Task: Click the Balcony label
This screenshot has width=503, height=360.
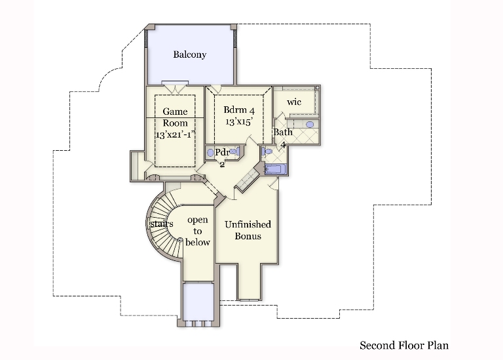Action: click(189, 54)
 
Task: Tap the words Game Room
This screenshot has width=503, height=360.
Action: click(175, 117)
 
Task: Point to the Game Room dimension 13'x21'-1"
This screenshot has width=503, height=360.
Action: click(176, 134)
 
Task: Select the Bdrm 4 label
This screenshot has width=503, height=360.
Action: click(239, 110)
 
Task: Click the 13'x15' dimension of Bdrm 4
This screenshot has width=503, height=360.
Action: click(239, 122)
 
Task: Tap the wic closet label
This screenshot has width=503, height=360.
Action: click(294, 102)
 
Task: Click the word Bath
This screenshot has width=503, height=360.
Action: click(283, 132)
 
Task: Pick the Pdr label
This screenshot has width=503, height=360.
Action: click(222, 152)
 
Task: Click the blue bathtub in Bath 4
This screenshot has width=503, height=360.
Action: click(276, 169)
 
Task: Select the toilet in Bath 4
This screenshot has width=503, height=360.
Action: click(267, 151)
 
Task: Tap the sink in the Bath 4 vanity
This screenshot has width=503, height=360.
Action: click(310, 125)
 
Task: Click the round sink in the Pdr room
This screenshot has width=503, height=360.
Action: click(210, 153)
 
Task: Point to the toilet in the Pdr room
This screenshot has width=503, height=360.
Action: click(234, 151)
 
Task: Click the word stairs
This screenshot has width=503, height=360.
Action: click(162, 224)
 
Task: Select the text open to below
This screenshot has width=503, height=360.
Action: click(198, 231)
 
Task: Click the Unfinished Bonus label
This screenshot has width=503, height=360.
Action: click(248, 230)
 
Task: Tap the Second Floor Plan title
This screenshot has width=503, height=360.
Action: click(404, 346)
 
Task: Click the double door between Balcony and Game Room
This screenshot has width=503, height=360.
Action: click(175, 87)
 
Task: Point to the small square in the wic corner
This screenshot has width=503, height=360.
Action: click(317, 87)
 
